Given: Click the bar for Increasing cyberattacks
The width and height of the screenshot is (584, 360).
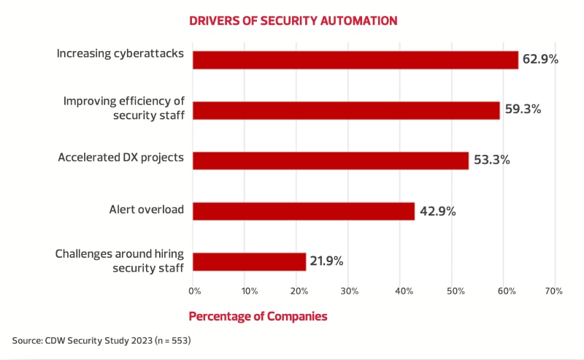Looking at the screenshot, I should (355, 60).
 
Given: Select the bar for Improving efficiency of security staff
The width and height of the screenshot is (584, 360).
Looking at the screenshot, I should (346, 110).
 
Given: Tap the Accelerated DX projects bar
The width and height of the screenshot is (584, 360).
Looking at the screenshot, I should (330, 161).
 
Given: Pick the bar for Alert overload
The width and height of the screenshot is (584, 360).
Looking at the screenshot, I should (304, 211).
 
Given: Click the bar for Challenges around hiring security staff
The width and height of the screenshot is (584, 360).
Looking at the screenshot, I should (249, 261).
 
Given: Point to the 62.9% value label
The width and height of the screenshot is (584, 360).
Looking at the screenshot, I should (540, 59).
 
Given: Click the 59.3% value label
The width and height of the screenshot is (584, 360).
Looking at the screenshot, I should (522, 110).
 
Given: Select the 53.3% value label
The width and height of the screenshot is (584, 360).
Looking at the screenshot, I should (491, 160).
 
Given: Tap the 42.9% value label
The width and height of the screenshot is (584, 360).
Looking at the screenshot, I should (437, 211).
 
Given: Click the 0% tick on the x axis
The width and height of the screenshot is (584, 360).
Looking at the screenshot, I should (194, 291).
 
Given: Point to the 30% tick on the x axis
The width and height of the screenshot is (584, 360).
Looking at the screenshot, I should (349, 291).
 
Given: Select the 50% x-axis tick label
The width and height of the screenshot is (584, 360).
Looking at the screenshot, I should (453, 291).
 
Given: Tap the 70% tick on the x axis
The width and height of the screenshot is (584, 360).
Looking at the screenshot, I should (553, 291).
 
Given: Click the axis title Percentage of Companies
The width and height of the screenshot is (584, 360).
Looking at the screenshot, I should (258, 317).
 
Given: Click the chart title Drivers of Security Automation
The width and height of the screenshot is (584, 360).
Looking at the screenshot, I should (293, 20).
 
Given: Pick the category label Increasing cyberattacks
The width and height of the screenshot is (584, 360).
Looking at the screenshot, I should (120, 54).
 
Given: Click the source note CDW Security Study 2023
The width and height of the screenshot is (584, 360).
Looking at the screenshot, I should (101, 341).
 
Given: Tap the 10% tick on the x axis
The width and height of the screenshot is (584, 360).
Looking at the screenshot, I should (250, 291).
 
